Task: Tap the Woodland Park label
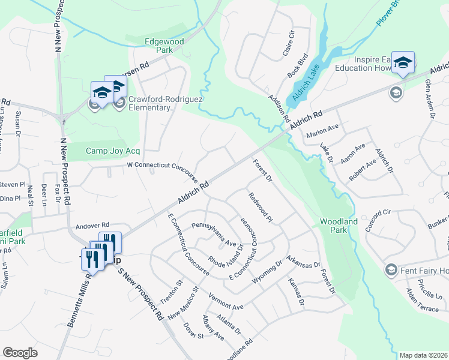339,226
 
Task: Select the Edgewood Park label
158,46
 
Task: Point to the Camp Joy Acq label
113,151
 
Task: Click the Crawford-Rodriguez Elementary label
150,103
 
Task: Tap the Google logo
20,352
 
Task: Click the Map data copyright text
423,355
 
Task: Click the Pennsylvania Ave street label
214,235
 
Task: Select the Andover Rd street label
92,227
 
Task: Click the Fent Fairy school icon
392,269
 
